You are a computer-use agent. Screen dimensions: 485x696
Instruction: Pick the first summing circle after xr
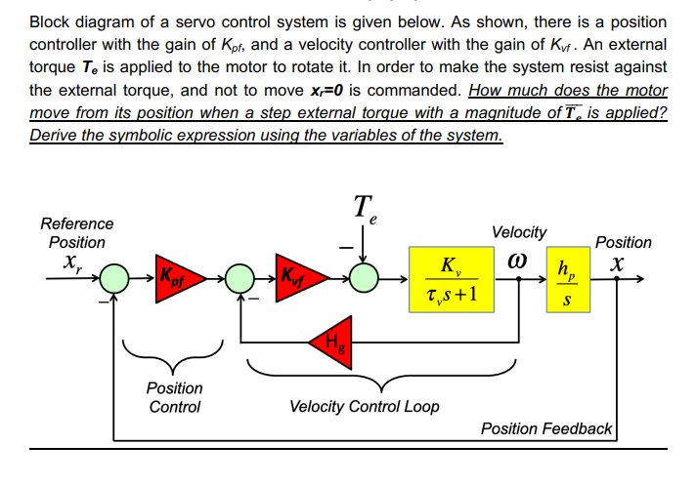pos(116,279)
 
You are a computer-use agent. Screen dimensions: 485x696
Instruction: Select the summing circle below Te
pos(365,279)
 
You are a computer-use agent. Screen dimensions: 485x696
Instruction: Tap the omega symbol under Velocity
pos(518,262)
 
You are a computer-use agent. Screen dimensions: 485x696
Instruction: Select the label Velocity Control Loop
pos(365,406)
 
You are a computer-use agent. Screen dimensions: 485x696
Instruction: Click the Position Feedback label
pos(546,428)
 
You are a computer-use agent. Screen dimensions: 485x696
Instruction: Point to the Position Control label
pos(174,397)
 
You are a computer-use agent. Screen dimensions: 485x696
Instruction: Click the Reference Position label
pos(77,232)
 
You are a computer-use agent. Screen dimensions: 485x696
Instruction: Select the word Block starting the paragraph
pos(51,21)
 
